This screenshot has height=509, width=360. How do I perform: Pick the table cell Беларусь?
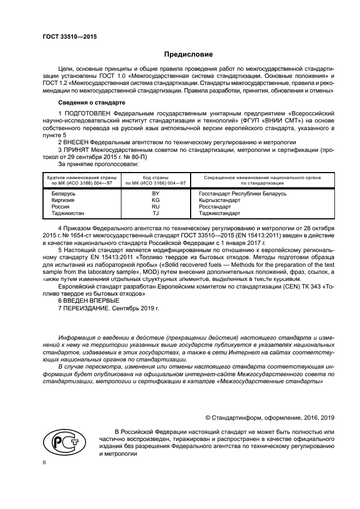click(x=63, y=193)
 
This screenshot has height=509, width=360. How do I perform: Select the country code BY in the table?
click(x=155, y=193)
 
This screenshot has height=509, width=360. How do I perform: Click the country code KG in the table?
click(x=155, y=200)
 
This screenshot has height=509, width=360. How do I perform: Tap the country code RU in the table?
click(x=155, y=206)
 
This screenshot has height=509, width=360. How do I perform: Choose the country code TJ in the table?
click(x=155, y=213)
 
